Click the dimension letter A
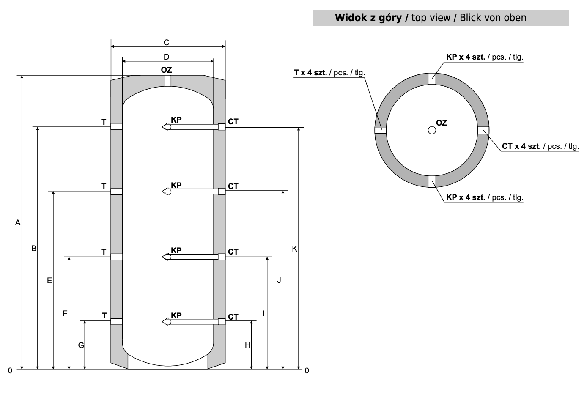(x=18, y=223)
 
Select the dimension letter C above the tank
(x=166, y=42)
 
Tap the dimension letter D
(x=166, y=57)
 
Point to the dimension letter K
(x=295, y=249)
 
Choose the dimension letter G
(x=81, y=345)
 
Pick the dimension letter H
(x=248, y=345)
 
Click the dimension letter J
(x=279, y=280)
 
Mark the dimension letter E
(x=49, y=281)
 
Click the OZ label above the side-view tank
(x=166, y=70)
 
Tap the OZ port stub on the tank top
(x=168, y=81)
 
